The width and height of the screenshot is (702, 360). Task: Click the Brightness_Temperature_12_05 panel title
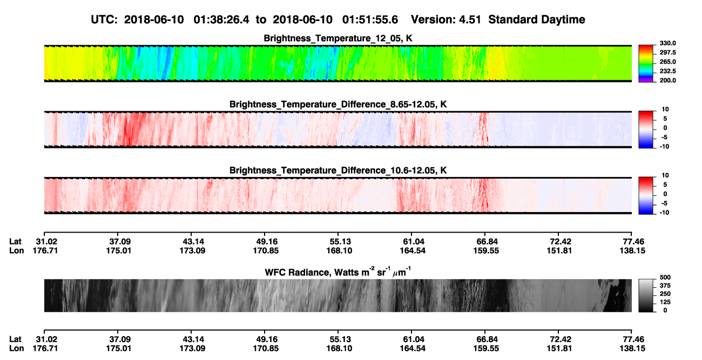(338, 38)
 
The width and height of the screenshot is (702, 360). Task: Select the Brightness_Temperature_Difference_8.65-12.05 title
(338, 104)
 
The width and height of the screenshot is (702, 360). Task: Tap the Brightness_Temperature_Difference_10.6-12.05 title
(338, 171)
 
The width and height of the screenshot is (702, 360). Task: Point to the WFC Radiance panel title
(338, 271)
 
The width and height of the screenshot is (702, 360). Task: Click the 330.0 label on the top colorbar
(667, 43)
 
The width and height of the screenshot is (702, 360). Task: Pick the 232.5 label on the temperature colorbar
(667, 71)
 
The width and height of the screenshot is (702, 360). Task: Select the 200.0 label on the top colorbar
(667, 80)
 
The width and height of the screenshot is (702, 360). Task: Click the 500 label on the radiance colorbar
(665, 277)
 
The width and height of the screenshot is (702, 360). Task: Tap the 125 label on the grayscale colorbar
(665, 302)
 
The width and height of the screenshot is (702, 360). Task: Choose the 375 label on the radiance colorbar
(665, 286)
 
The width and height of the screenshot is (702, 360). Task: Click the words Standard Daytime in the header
(537, 20)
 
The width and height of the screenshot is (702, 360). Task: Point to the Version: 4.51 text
(446, 20)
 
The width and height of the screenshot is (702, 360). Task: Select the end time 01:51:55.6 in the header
(370, 20)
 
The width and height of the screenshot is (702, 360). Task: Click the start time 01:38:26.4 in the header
(221, 20)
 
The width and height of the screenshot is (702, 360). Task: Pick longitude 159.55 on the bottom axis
(486, 349)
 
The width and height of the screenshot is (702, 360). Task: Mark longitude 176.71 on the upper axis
(45, 250)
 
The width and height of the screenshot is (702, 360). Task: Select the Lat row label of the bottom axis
(15, 339)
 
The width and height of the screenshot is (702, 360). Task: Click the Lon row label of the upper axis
(17, 250)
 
